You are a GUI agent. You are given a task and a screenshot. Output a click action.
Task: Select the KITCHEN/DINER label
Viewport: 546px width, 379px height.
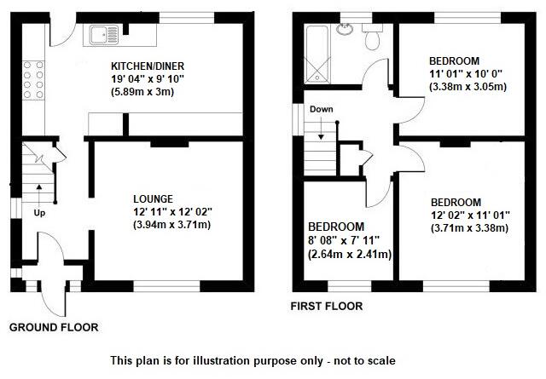148,66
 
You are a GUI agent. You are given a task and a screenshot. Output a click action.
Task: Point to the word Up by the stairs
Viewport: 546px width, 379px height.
39,212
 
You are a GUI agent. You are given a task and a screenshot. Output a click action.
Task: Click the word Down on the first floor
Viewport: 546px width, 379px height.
322,110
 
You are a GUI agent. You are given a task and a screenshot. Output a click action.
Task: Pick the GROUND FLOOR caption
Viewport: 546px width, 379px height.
54,327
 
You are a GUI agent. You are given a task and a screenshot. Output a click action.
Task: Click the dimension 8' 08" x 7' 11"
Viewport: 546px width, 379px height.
349,241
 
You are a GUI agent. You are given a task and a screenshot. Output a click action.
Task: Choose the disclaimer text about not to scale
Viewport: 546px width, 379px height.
253,360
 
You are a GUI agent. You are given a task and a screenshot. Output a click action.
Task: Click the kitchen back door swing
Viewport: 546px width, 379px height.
61,34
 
